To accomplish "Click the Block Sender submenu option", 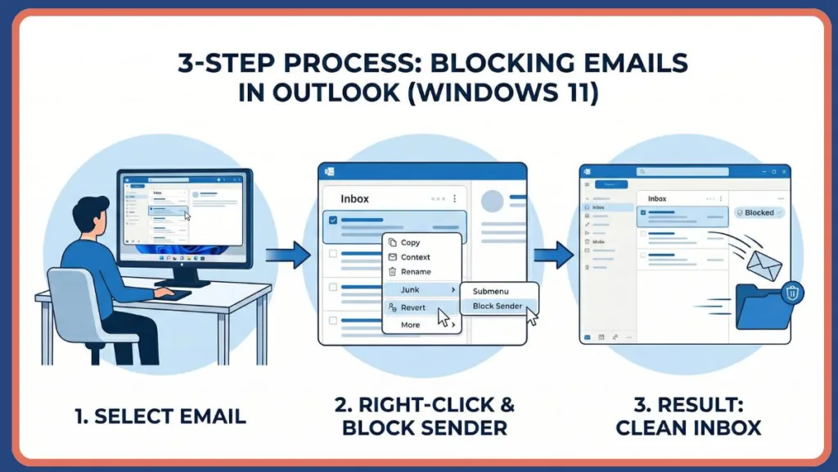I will [x=498, y=306].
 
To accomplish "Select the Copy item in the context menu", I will [x=410, y=243].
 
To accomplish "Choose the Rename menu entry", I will [x=416, y=271].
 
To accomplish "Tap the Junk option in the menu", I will [x=411, y=290].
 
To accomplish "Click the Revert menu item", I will [x=413, y=307].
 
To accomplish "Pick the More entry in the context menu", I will [x=410, y=324].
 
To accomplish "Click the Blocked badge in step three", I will [x=759, y=212].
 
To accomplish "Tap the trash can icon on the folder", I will [x=791, y=292].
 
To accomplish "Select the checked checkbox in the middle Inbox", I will [x=332, y=220].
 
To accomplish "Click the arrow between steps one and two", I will [x=288, y=254].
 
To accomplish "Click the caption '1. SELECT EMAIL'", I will [x=160, y=416].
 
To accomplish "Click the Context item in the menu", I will [x=415, y=257].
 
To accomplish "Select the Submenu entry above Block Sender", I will [x=490, y=289].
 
